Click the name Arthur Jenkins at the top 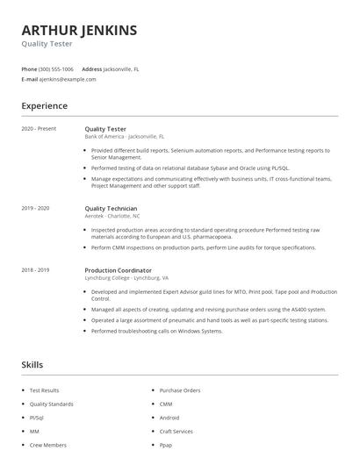pyautogui.click(x=79, y=31)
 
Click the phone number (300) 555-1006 pyautogui.click(x=56, y=68)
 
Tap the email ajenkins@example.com pyautogui.click(x=68, y=79)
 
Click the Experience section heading pyautogui.click(x=44, y=106)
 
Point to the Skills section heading pyautogui.click(x=32, y=364)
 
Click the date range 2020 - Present pyautogui.click(x=39, y=129)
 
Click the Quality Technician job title pyautogui.click(x=111, y=209)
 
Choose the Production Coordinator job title pyautogui.click(x=118, y=270)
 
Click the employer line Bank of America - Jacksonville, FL pyautogui.click(x=124, y=137)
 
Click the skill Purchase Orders pyautogui.click(x=180, y=390)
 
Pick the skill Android pyautogui.click(x=169, y=418)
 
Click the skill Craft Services pyautogui.click(x=176, y=432)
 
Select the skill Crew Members pyautogui.click(x=47, y=445)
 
